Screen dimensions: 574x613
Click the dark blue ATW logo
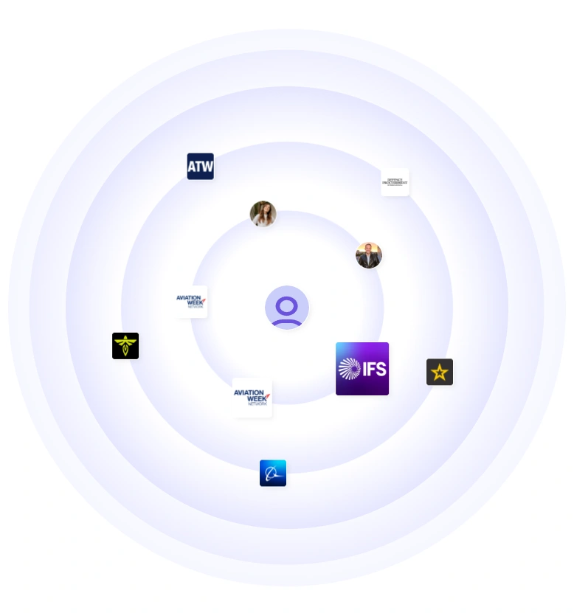coord(200,166)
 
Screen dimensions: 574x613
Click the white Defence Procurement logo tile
coord(395,182)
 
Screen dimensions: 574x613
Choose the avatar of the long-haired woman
coord(263,214)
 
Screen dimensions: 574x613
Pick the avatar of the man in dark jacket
coord(369,255)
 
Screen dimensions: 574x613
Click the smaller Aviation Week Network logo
coord(192,302)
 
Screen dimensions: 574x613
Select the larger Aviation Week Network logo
coord(252,398)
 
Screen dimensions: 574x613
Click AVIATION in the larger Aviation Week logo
coord(250,392)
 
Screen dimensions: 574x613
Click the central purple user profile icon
coord(287,307)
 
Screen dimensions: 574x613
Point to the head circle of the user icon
coord(287,304)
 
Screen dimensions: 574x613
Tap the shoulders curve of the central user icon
coord(287,321)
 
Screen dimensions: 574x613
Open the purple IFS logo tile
coord(362,369)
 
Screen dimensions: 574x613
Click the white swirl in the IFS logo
coord(349,369)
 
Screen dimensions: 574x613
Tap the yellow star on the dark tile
coord(440,373)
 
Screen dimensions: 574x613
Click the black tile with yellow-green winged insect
coord(125,346)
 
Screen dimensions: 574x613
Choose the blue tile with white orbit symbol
coord(273,473)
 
